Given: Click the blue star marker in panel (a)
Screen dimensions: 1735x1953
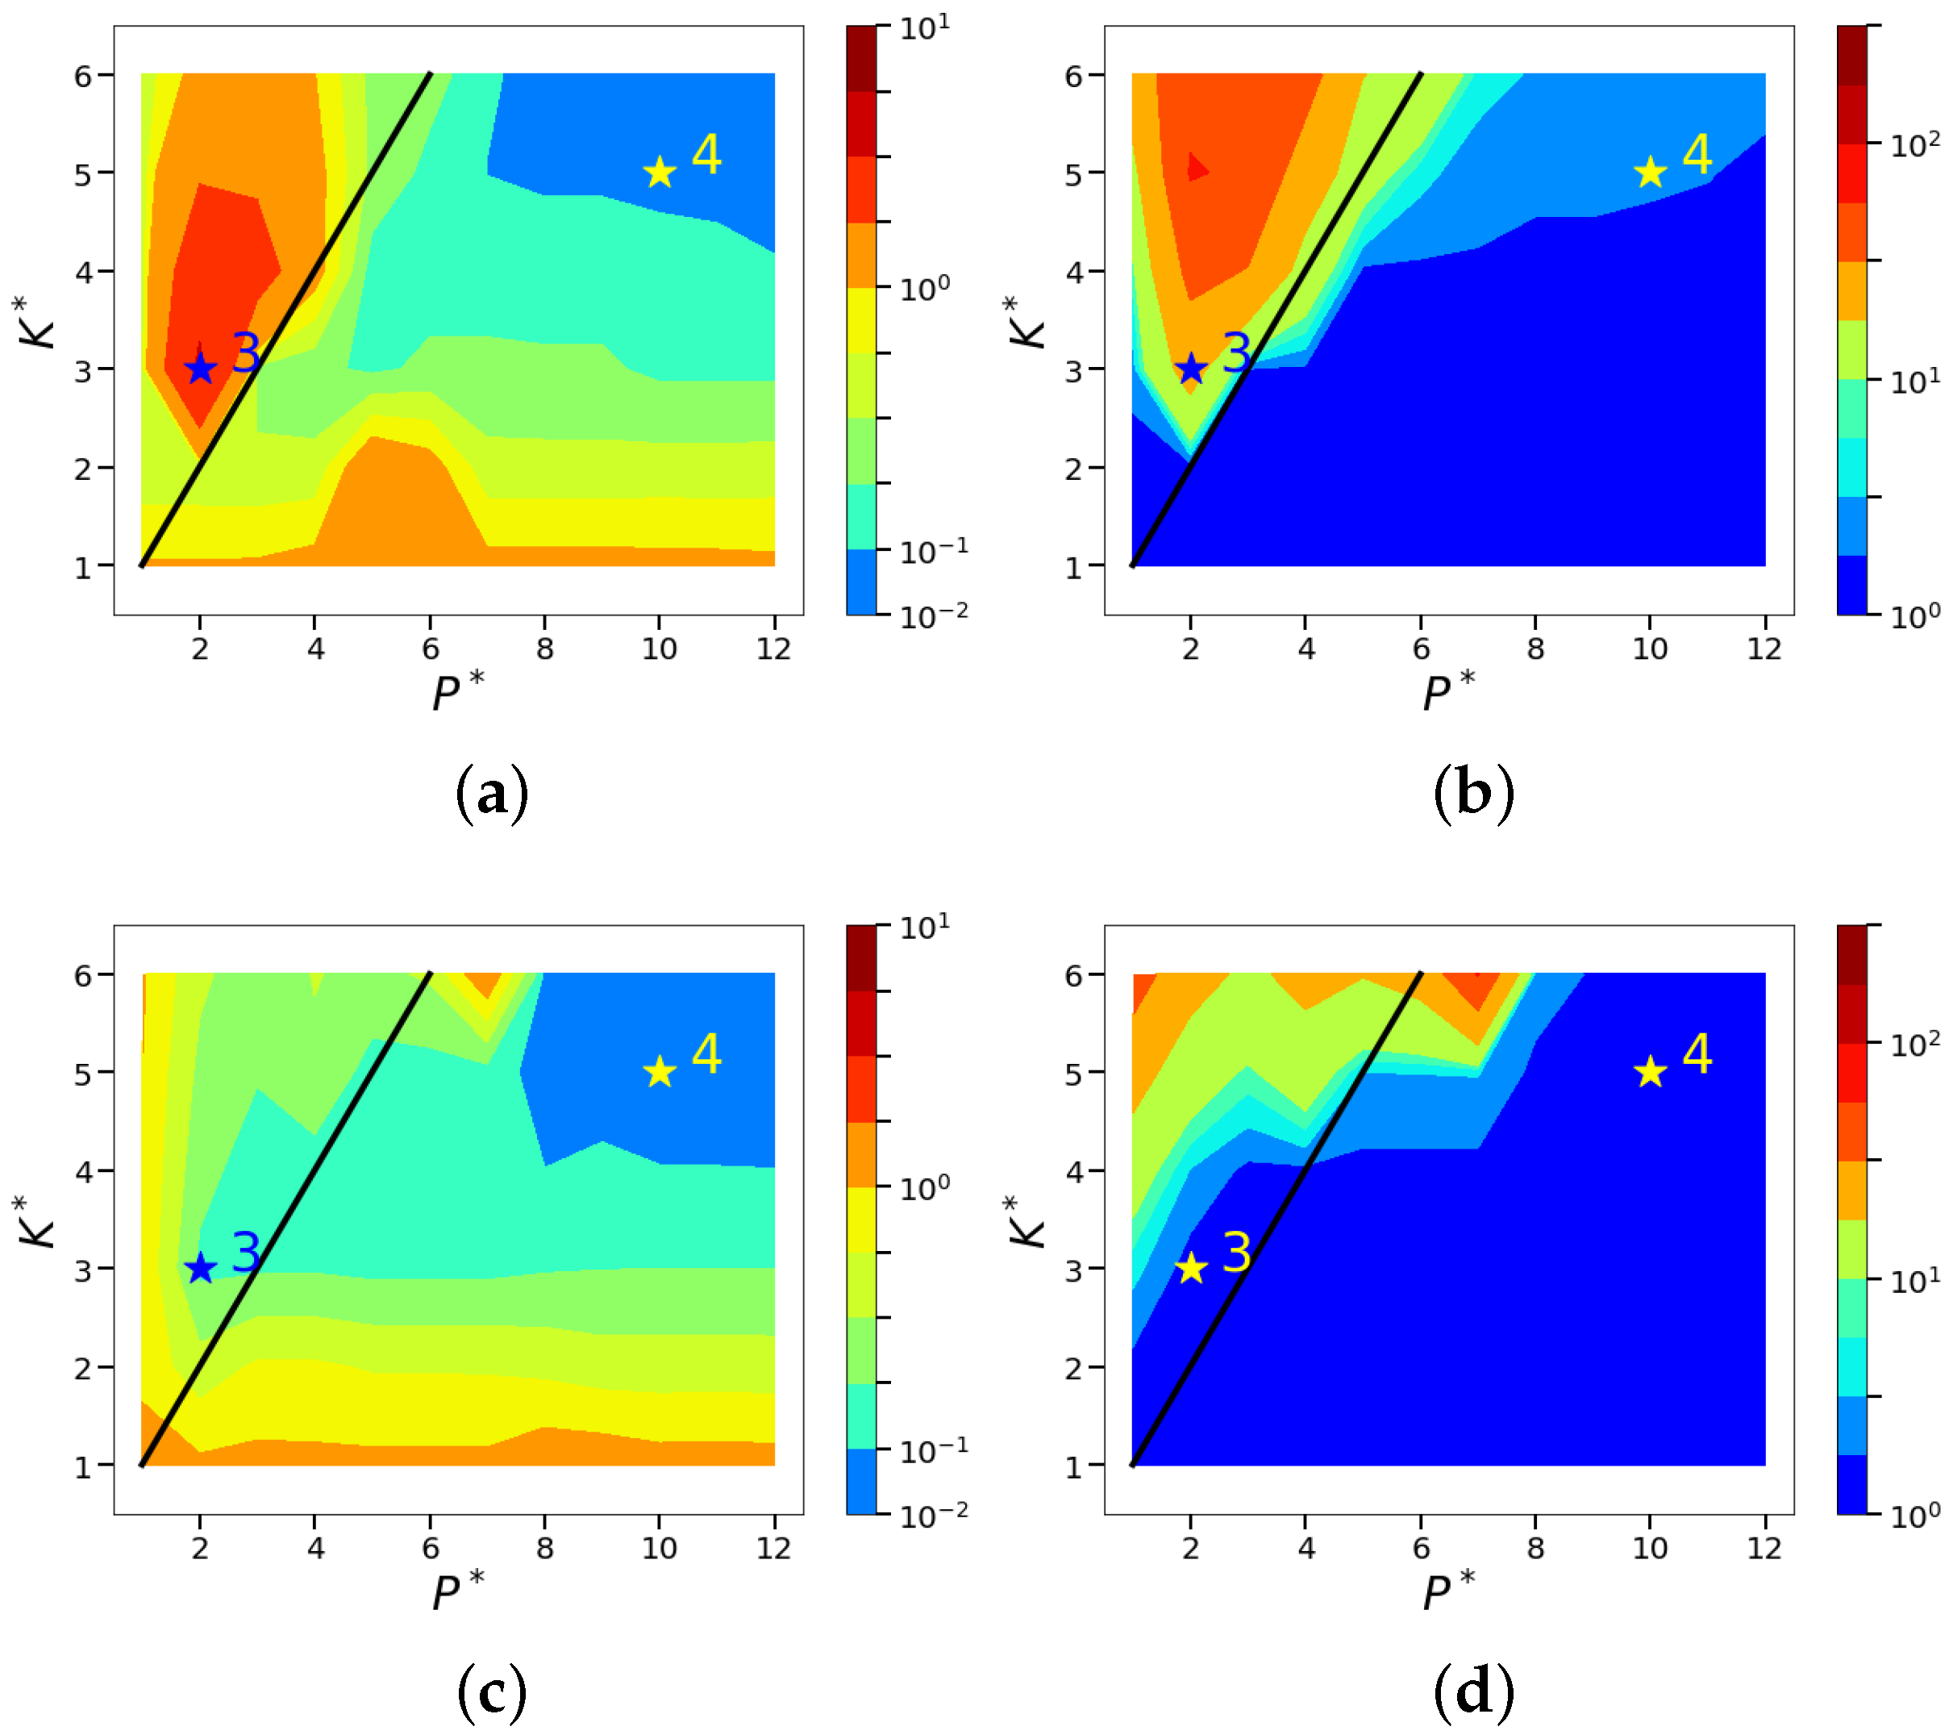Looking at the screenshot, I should [x=200, y=368].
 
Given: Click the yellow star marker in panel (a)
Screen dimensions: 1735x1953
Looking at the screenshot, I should [x=660, y=173].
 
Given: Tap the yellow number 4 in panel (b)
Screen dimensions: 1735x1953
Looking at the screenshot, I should [x=1697, y=154].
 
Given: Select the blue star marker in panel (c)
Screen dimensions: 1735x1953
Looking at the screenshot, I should [x=200, y=1269].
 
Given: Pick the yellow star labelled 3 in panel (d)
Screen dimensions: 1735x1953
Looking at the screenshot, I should [x=1190, y=1269].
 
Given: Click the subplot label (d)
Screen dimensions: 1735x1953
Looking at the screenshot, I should [x=1473, y=1691].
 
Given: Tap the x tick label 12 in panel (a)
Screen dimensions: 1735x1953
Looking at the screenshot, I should [x=773, y=649].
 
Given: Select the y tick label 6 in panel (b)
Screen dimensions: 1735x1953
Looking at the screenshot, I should [x=1074, y=76].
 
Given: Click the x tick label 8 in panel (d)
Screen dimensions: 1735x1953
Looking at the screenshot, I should [x=1534, y=1548].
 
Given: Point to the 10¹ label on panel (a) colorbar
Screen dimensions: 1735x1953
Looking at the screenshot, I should [x=924, y=27].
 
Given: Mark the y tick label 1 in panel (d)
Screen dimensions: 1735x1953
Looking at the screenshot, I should [x=1074, y=1466].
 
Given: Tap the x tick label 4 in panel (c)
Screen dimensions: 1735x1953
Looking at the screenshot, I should [x=315, y=1548].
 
